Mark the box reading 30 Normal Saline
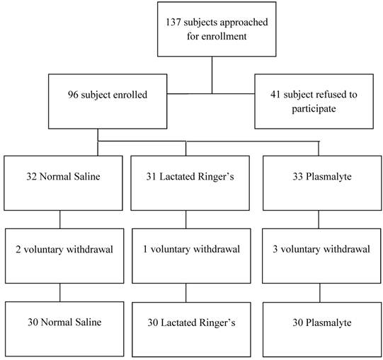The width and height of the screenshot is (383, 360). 59,323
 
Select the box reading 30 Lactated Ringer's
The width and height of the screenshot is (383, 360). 186,323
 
